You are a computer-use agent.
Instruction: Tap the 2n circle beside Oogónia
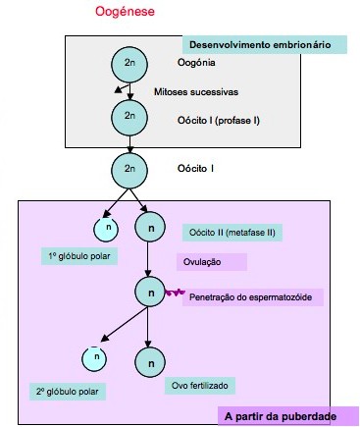pos(129,64)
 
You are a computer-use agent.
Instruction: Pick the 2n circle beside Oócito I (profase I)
pos(129,116)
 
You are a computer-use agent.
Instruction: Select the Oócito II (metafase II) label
pos(230,233)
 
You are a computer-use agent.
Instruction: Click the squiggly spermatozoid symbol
pos(176,292)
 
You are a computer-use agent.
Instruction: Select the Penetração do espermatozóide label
pos(252,296)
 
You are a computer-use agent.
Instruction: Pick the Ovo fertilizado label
pos(204,385)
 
